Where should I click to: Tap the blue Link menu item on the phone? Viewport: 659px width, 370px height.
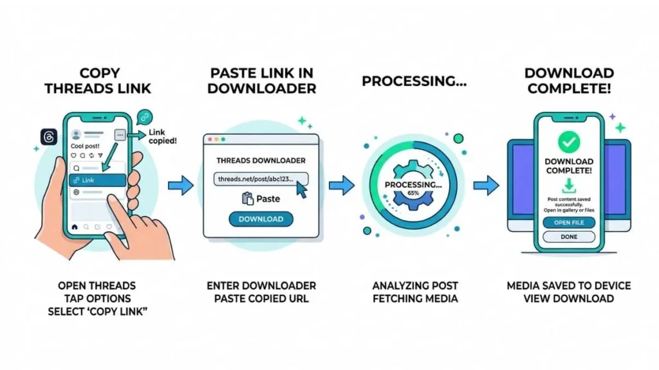tap(97, 181)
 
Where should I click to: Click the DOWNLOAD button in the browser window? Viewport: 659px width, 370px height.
tap(261, 219)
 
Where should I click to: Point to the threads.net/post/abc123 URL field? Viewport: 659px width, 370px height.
tap(261, 179)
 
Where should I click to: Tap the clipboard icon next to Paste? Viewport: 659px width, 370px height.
tap(248, 199)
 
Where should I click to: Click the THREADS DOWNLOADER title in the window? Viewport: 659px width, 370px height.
tap(261, 161)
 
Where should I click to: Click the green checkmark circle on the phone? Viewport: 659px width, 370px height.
tap(569, 141)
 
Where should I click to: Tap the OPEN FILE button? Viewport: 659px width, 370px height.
tap(569, 222)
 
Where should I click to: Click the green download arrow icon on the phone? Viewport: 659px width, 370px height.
tap(569, 187)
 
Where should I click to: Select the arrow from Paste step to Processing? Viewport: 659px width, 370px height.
tap(341, 186)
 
